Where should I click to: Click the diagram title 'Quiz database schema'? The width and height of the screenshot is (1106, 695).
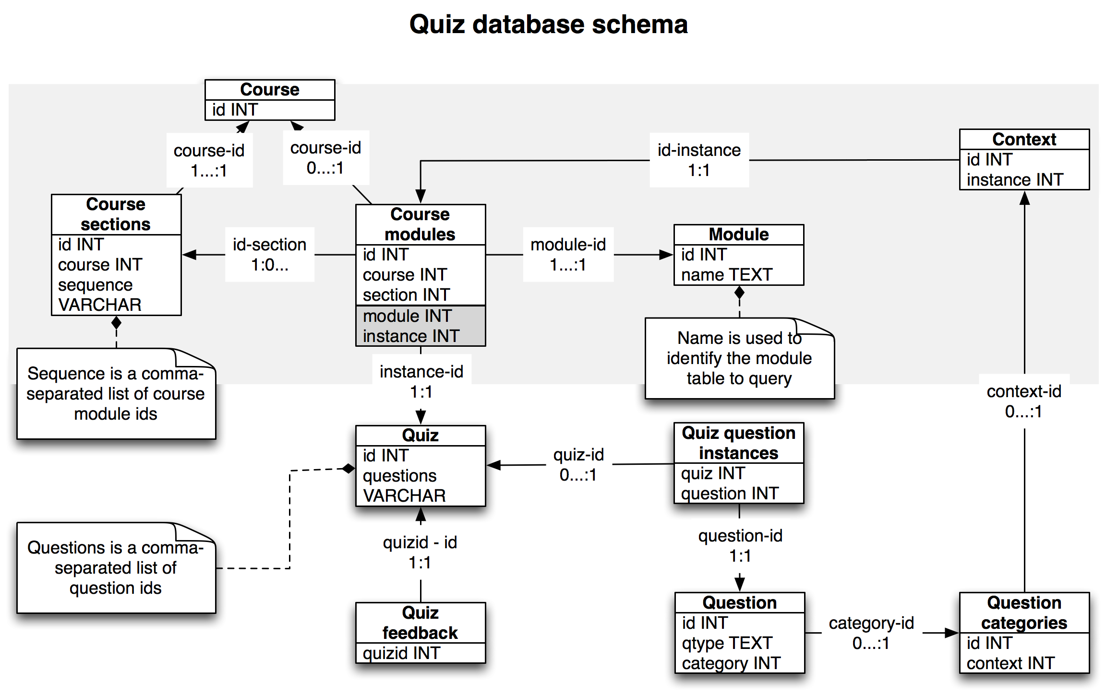(x=548, y=24)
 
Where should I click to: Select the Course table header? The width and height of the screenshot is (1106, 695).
(x=270, y=90)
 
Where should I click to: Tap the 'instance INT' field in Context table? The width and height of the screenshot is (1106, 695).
(x=1015, y=180)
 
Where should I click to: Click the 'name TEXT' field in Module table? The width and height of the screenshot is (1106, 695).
(x=726, y=275)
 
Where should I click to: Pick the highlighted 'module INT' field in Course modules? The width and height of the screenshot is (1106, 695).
(x=407, y=316)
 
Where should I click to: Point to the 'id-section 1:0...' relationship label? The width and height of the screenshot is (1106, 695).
(x=270, y=255)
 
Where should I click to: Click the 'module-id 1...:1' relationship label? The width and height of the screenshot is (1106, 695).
(x=568, y=255)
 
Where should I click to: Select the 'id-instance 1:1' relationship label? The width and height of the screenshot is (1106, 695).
(x=699, y=160)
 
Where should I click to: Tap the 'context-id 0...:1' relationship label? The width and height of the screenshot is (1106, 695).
(x=1024, y=401)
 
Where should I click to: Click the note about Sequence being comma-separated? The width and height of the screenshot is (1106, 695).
(x=116, y=394)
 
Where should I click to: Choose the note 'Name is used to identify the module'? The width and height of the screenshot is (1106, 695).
(x=739, y=358)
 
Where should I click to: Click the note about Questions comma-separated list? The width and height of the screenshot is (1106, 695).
(x=116, y=568)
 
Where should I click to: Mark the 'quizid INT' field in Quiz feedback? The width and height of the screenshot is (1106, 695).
(x=401, y=653)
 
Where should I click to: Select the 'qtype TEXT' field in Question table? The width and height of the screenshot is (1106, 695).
(x=727, y=643)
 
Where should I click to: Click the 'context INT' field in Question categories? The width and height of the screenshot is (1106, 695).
(x=1010, y=663)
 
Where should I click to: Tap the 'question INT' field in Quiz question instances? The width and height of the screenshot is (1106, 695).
(x=730, y=494)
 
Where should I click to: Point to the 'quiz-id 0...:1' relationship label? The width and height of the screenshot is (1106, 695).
(x=578, y=465)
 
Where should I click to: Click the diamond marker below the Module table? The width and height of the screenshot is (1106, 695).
(x=739, y=292)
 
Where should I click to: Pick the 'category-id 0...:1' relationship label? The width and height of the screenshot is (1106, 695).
(x=871, y=633)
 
